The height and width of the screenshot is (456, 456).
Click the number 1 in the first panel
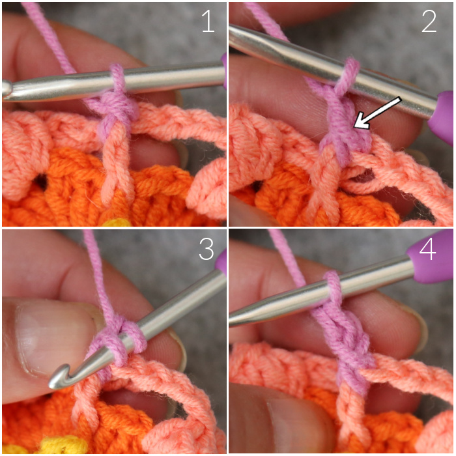tap(208, 21)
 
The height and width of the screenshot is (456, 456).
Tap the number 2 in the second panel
tap(429, 21)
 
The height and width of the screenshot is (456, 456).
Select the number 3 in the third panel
tap(207, 249)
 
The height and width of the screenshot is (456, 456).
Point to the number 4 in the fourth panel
tap(427, 249)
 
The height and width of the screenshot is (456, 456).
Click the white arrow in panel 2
tap(377, 113)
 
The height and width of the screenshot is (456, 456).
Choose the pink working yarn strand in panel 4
tap(287, 256)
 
